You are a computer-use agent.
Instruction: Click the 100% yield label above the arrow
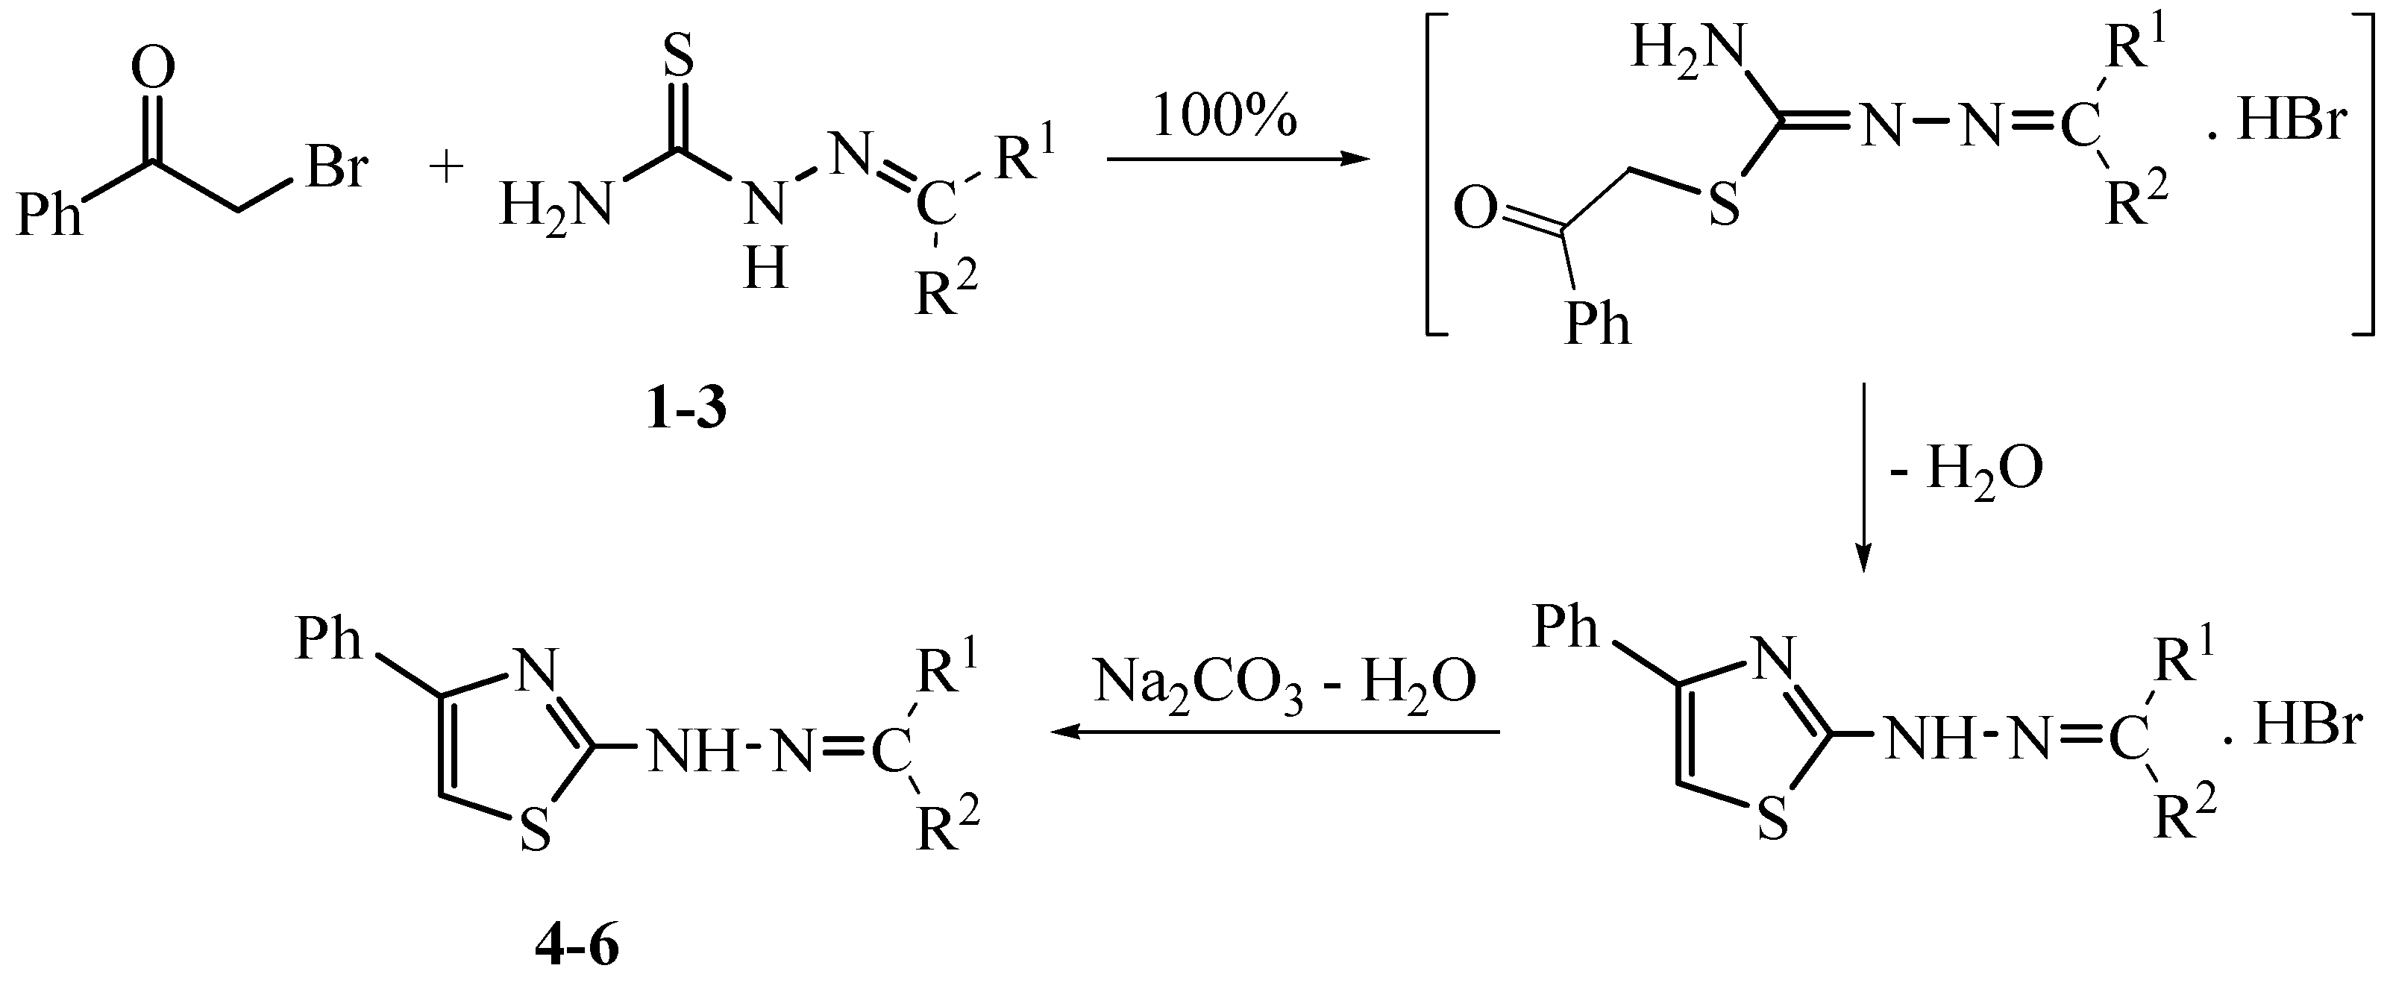coord(1224,119)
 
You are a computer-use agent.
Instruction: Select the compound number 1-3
coord(686,409)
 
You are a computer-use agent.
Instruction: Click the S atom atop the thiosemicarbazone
coord(680,57)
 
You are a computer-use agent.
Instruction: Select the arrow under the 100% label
coord(1238,160)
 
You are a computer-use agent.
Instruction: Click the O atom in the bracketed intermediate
coord(1476,210)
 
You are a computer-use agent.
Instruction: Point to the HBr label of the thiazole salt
coord(2306,728)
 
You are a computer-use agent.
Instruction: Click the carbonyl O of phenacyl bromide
coord(153,69)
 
